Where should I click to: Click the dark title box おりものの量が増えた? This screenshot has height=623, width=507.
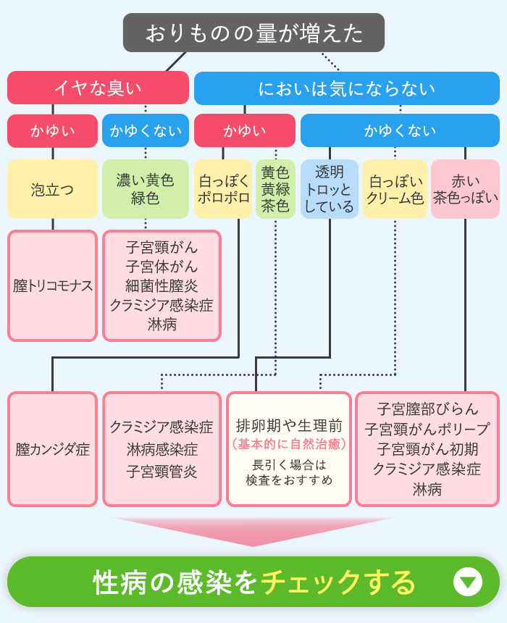coord(253,33)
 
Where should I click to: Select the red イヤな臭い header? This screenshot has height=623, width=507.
coord(98,88)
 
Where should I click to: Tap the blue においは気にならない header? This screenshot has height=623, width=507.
coord(346,88)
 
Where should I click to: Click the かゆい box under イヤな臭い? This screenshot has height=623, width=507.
coord(52,131)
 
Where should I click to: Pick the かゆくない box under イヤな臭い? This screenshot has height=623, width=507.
coord(146,131)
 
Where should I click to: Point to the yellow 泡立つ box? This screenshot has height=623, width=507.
coord(52,190)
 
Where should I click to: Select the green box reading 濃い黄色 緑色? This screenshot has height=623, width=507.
coord(146,190)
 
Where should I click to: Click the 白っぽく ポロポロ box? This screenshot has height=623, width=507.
coord(223,190)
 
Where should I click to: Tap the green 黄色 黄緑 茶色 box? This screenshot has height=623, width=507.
coord(275,190)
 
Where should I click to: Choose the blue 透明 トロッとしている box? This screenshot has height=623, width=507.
coord(330,190)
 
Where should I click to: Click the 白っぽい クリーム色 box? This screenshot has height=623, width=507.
coord(395,190)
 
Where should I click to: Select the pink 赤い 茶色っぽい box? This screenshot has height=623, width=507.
coord(465,190)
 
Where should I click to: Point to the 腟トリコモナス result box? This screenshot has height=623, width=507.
coord(52,285)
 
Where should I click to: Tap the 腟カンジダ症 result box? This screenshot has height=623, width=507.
coord(52,449)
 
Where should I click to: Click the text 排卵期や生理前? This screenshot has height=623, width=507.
coord(289,426)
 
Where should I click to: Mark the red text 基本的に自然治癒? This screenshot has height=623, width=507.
coord(289,443)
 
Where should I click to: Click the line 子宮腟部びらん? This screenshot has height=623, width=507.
coord(427,408)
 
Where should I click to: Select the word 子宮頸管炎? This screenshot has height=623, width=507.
coord(162,472)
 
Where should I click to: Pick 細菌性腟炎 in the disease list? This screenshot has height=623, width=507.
coord(162,286)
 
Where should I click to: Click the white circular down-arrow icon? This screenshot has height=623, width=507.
coord(467,582)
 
